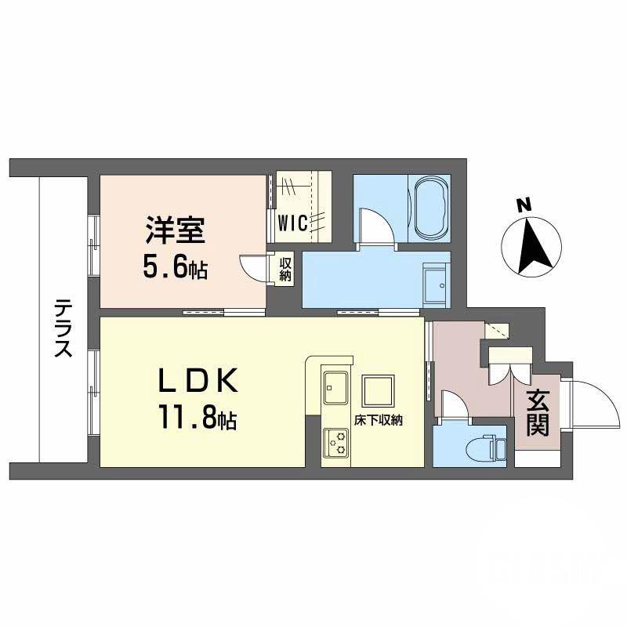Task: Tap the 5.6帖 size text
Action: coord(175,268)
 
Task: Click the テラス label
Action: coord(64,328)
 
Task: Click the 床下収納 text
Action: coord(378,420)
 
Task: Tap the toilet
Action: coord(490,448)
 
